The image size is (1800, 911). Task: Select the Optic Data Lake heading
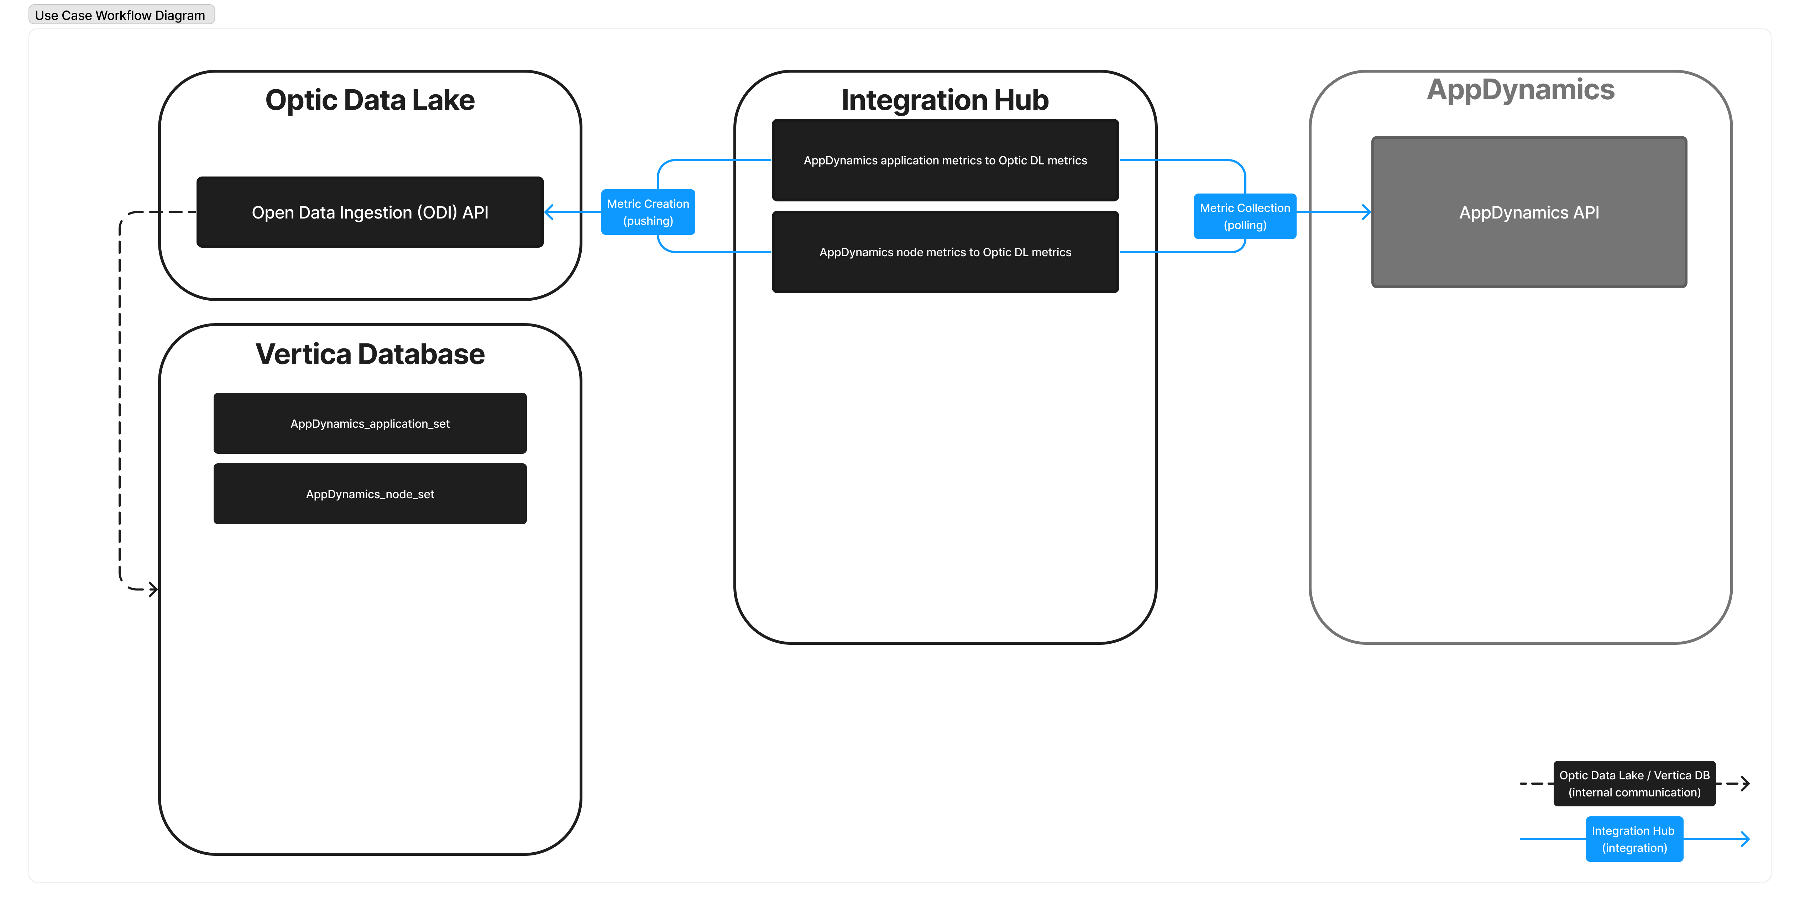tap(370, 100)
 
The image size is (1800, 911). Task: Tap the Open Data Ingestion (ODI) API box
tap(370, 212)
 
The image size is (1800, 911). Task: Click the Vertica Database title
tap(370, 354)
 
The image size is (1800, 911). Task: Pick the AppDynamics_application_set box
tap(370, 423)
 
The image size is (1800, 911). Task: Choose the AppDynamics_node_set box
tap(370, 494)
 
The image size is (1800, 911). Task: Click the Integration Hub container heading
tap(945, 100)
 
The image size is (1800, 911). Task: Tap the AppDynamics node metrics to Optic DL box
tap(945, 252)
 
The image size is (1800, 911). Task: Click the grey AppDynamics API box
tap(1529, 212)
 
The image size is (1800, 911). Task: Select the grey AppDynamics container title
tap(1521, 89)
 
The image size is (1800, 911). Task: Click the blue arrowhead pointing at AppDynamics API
tap(1366, 212)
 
